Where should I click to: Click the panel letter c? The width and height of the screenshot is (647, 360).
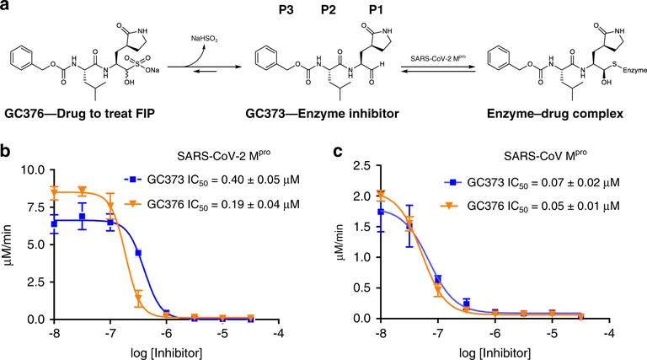(x=336, y=153)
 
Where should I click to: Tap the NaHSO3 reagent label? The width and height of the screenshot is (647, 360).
(x=217, y=37)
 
